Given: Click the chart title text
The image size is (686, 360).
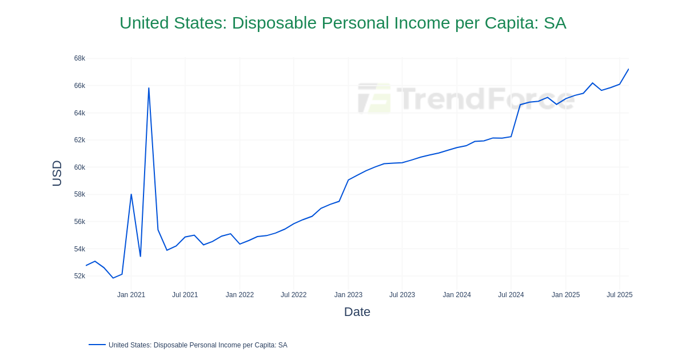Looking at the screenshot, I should tap(342, 23).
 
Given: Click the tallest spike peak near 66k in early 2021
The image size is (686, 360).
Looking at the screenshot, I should tap(149, 88).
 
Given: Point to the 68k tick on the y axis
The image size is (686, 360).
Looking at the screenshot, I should tap(79, 58).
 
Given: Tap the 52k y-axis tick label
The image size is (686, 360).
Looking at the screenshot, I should tap(79, 276).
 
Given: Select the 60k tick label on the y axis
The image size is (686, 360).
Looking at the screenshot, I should tap(79, 167).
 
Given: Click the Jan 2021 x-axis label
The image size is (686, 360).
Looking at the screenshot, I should tap(131, 295).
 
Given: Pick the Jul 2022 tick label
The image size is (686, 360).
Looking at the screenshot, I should tap(293, 295).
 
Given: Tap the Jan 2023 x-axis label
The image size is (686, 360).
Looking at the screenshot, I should tap(348, 295).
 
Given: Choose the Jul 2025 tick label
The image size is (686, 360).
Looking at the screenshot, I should tap(619, 295).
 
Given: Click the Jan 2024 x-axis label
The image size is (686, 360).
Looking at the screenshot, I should tap(457, 295).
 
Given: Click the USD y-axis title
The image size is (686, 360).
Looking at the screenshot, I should tap(57, 173).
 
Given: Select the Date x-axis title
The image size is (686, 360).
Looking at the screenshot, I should tap(357, 312).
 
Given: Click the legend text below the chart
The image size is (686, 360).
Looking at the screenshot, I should tap(198, 345).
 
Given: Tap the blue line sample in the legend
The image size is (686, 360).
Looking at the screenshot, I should tap(97, 345).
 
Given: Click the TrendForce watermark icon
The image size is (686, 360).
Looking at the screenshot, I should tap(374, 98).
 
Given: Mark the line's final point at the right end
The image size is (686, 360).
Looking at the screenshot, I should tap(628, 70).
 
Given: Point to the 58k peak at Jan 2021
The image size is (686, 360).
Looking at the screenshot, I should tap(131, 194).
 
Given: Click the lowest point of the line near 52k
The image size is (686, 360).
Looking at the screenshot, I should tap(113, 278).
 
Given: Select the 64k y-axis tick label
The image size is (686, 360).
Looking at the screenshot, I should tap(79, 113).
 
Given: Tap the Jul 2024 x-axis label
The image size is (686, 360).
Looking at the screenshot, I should tap(510, 295).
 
